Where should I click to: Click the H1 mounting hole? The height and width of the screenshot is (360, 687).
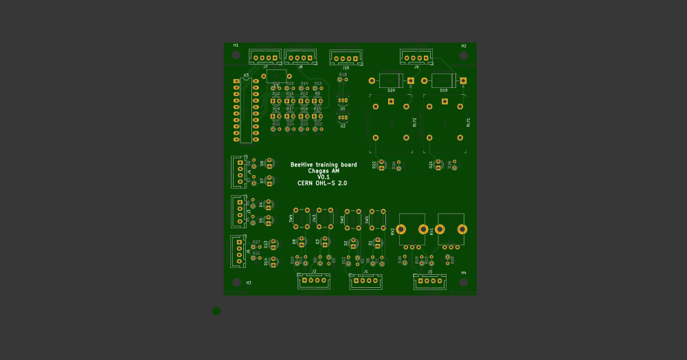pyautogui.click(x=236, y=55)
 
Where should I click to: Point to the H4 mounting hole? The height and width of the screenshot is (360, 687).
pyautogui.click(x=464, y=282)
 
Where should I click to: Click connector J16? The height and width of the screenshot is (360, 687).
pyautogui.click(x=346, y=58)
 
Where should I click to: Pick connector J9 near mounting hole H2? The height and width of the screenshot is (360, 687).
pyautogui.click(x=416, y=58)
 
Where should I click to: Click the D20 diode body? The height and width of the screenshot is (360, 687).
pyautogui.click(x=391, y=80)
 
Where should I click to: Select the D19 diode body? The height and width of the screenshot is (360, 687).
pyautogui.click(x=444, y=80)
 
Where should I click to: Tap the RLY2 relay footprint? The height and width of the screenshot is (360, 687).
pyautogui.click(x=391, y=122)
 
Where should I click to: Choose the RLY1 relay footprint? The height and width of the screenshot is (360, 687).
pyautogui.click(x=444, y=122)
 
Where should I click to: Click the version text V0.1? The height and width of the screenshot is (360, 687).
pyautogui.click(x=323, y=177)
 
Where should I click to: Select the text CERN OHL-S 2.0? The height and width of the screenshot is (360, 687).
pyautogui.click(x=322, y=183)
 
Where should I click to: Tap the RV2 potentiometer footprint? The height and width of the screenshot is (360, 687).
pyautogui.click(x=412, y=230)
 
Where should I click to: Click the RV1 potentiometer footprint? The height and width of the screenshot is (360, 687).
pyautogui.click(x=451, y=230)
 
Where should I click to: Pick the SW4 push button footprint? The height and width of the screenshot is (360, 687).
pyautogui.click(x=304, y=218)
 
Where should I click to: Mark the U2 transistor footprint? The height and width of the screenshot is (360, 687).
pyautogui.click(x=343, y=118)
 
